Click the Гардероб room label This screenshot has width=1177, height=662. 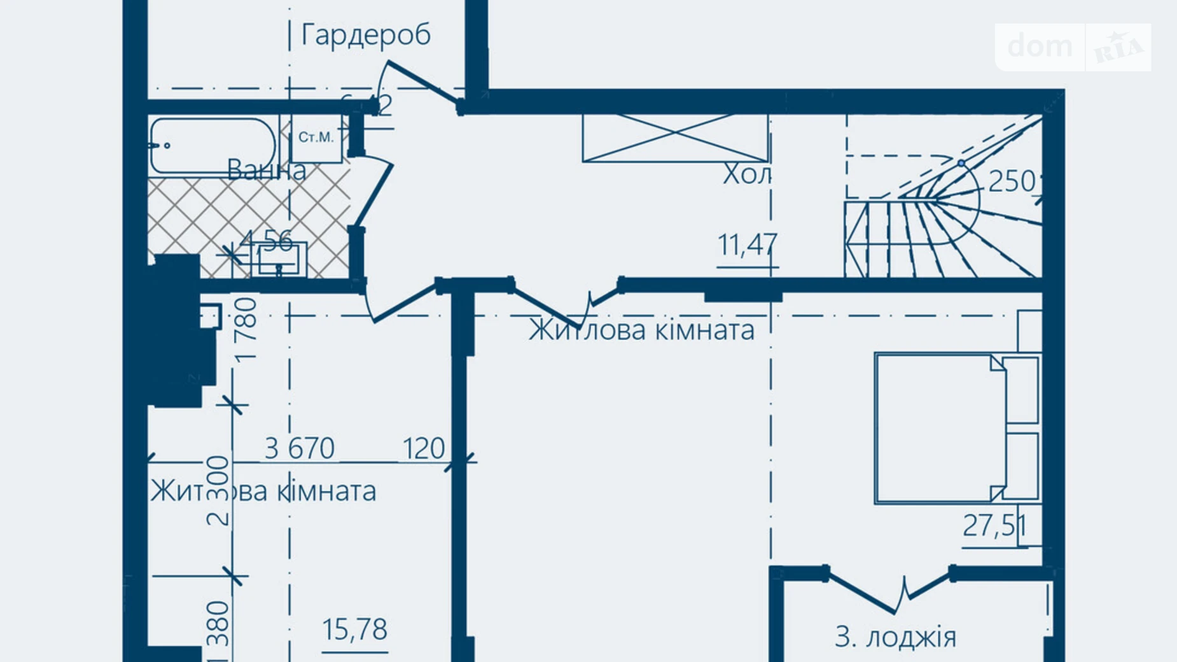[366, 35]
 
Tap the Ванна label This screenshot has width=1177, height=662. [267, 170]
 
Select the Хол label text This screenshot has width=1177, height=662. [747, 174]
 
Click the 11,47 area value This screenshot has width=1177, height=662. [748, 244]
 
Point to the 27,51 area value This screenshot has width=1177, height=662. [994, 526]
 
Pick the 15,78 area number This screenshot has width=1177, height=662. [354, 630]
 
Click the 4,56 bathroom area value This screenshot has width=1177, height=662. [268, 241]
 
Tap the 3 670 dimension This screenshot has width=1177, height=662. [300, 449]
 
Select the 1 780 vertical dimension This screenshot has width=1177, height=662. [246, 329]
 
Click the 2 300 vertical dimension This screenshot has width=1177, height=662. [218, 490]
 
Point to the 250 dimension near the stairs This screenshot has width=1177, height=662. [1012, 182]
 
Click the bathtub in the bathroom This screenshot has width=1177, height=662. [213, 146]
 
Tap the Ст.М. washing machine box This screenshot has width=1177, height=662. [316, 137]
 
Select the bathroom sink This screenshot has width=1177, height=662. [279, 260]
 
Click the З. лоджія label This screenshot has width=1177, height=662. [895, 637]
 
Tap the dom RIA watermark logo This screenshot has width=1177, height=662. [1073, 47]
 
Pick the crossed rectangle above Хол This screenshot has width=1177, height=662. [676, 138]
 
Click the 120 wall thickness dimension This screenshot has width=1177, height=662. [424, 449]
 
